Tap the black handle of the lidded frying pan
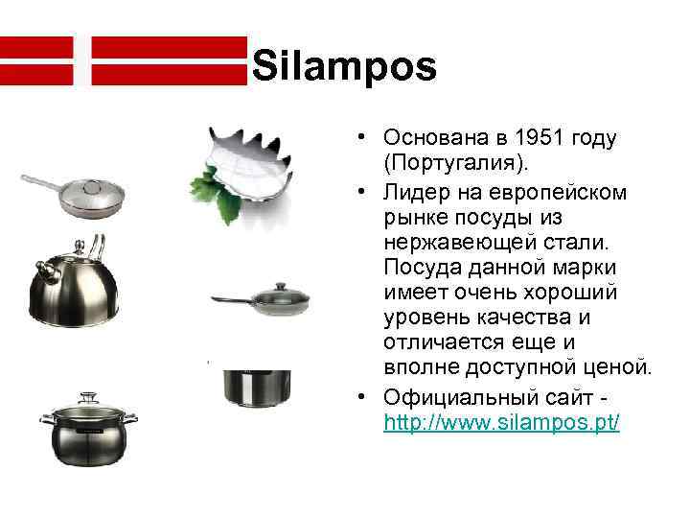230,301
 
